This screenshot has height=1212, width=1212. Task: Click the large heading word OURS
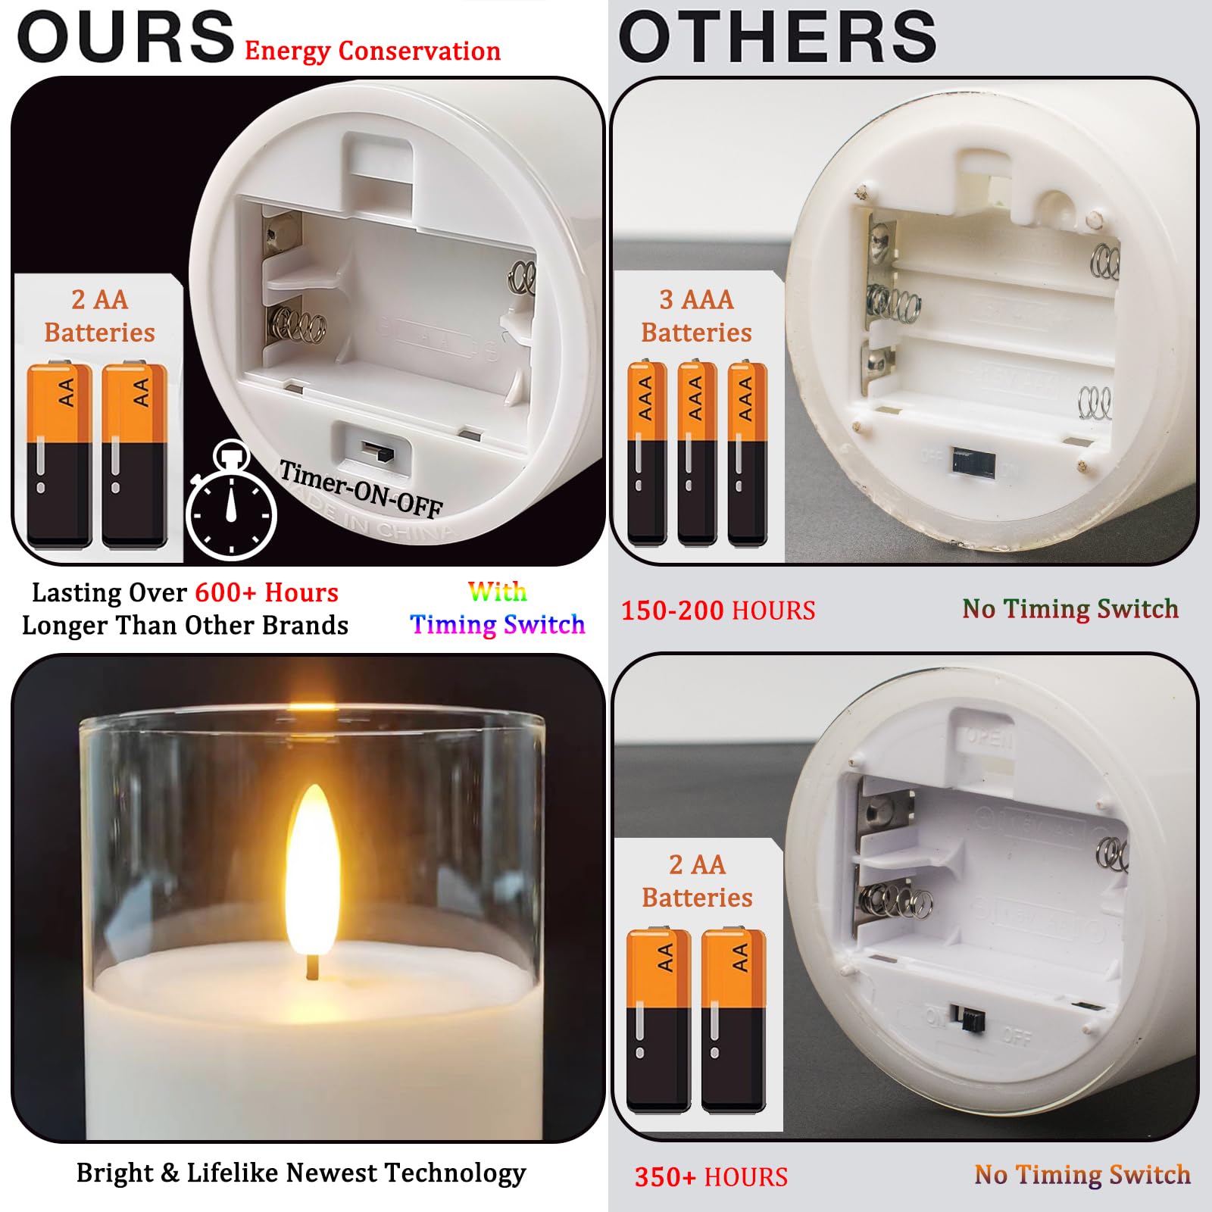coord(126,38)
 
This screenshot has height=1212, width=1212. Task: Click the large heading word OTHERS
coord(777,38)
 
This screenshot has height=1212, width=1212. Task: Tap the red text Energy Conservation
coord(372,52)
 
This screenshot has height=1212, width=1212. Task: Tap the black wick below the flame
coord(311,967)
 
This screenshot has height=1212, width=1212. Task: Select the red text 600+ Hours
coord(267,592)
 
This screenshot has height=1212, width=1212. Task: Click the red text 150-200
coord(673,611)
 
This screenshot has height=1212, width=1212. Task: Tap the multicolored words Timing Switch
coord(497,624)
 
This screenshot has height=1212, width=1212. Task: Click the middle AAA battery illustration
coord(696,453)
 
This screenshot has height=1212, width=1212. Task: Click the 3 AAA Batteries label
coord(696,316)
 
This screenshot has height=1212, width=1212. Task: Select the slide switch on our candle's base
coord(376,452)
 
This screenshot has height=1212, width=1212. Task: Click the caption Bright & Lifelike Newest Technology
coord(301,1173)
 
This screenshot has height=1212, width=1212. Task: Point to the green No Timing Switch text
coord(1070,609)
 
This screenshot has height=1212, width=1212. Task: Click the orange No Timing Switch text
coord(1082,1175)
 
